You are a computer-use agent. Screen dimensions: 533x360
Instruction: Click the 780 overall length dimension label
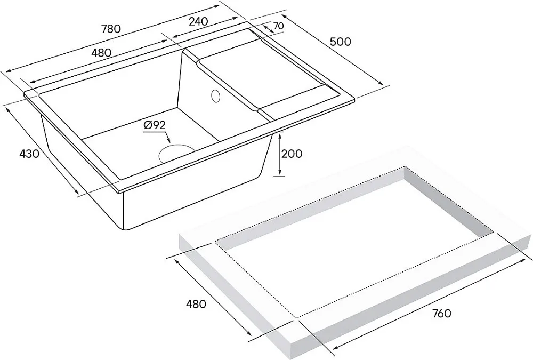[111, 29]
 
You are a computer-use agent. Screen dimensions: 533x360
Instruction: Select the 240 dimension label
[198, 21]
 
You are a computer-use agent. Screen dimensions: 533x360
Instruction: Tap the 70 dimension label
[278, 26]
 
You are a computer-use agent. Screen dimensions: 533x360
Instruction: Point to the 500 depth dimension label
[340, 42]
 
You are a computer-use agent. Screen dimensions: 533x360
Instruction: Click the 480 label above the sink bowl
[101, 52]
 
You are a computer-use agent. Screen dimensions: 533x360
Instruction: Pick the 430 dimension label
[29, 154]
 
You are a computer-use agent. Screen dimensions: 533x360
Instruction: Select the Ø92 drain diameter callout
[155, 125]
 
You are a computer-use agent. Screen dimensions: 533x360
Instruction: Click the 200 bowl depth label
[292, 154]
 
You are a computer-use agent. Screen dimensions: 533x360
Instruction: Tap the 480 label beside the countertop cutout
[196, 303]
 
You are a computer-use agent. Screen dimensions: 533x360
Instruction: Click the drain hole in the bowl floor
[176, 154]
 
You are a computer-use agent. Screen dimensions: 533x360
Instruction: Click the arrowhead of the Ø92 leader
[168, 140]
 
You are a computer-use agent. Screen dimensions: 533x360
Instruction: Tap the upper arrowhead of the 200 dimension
[279, 135]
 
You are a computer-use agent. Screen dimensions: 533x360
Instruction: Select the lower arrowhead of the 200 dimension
[279, 173]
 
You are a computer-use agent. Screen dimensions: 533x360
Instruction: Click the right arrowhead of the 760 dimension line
[522, 260]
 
